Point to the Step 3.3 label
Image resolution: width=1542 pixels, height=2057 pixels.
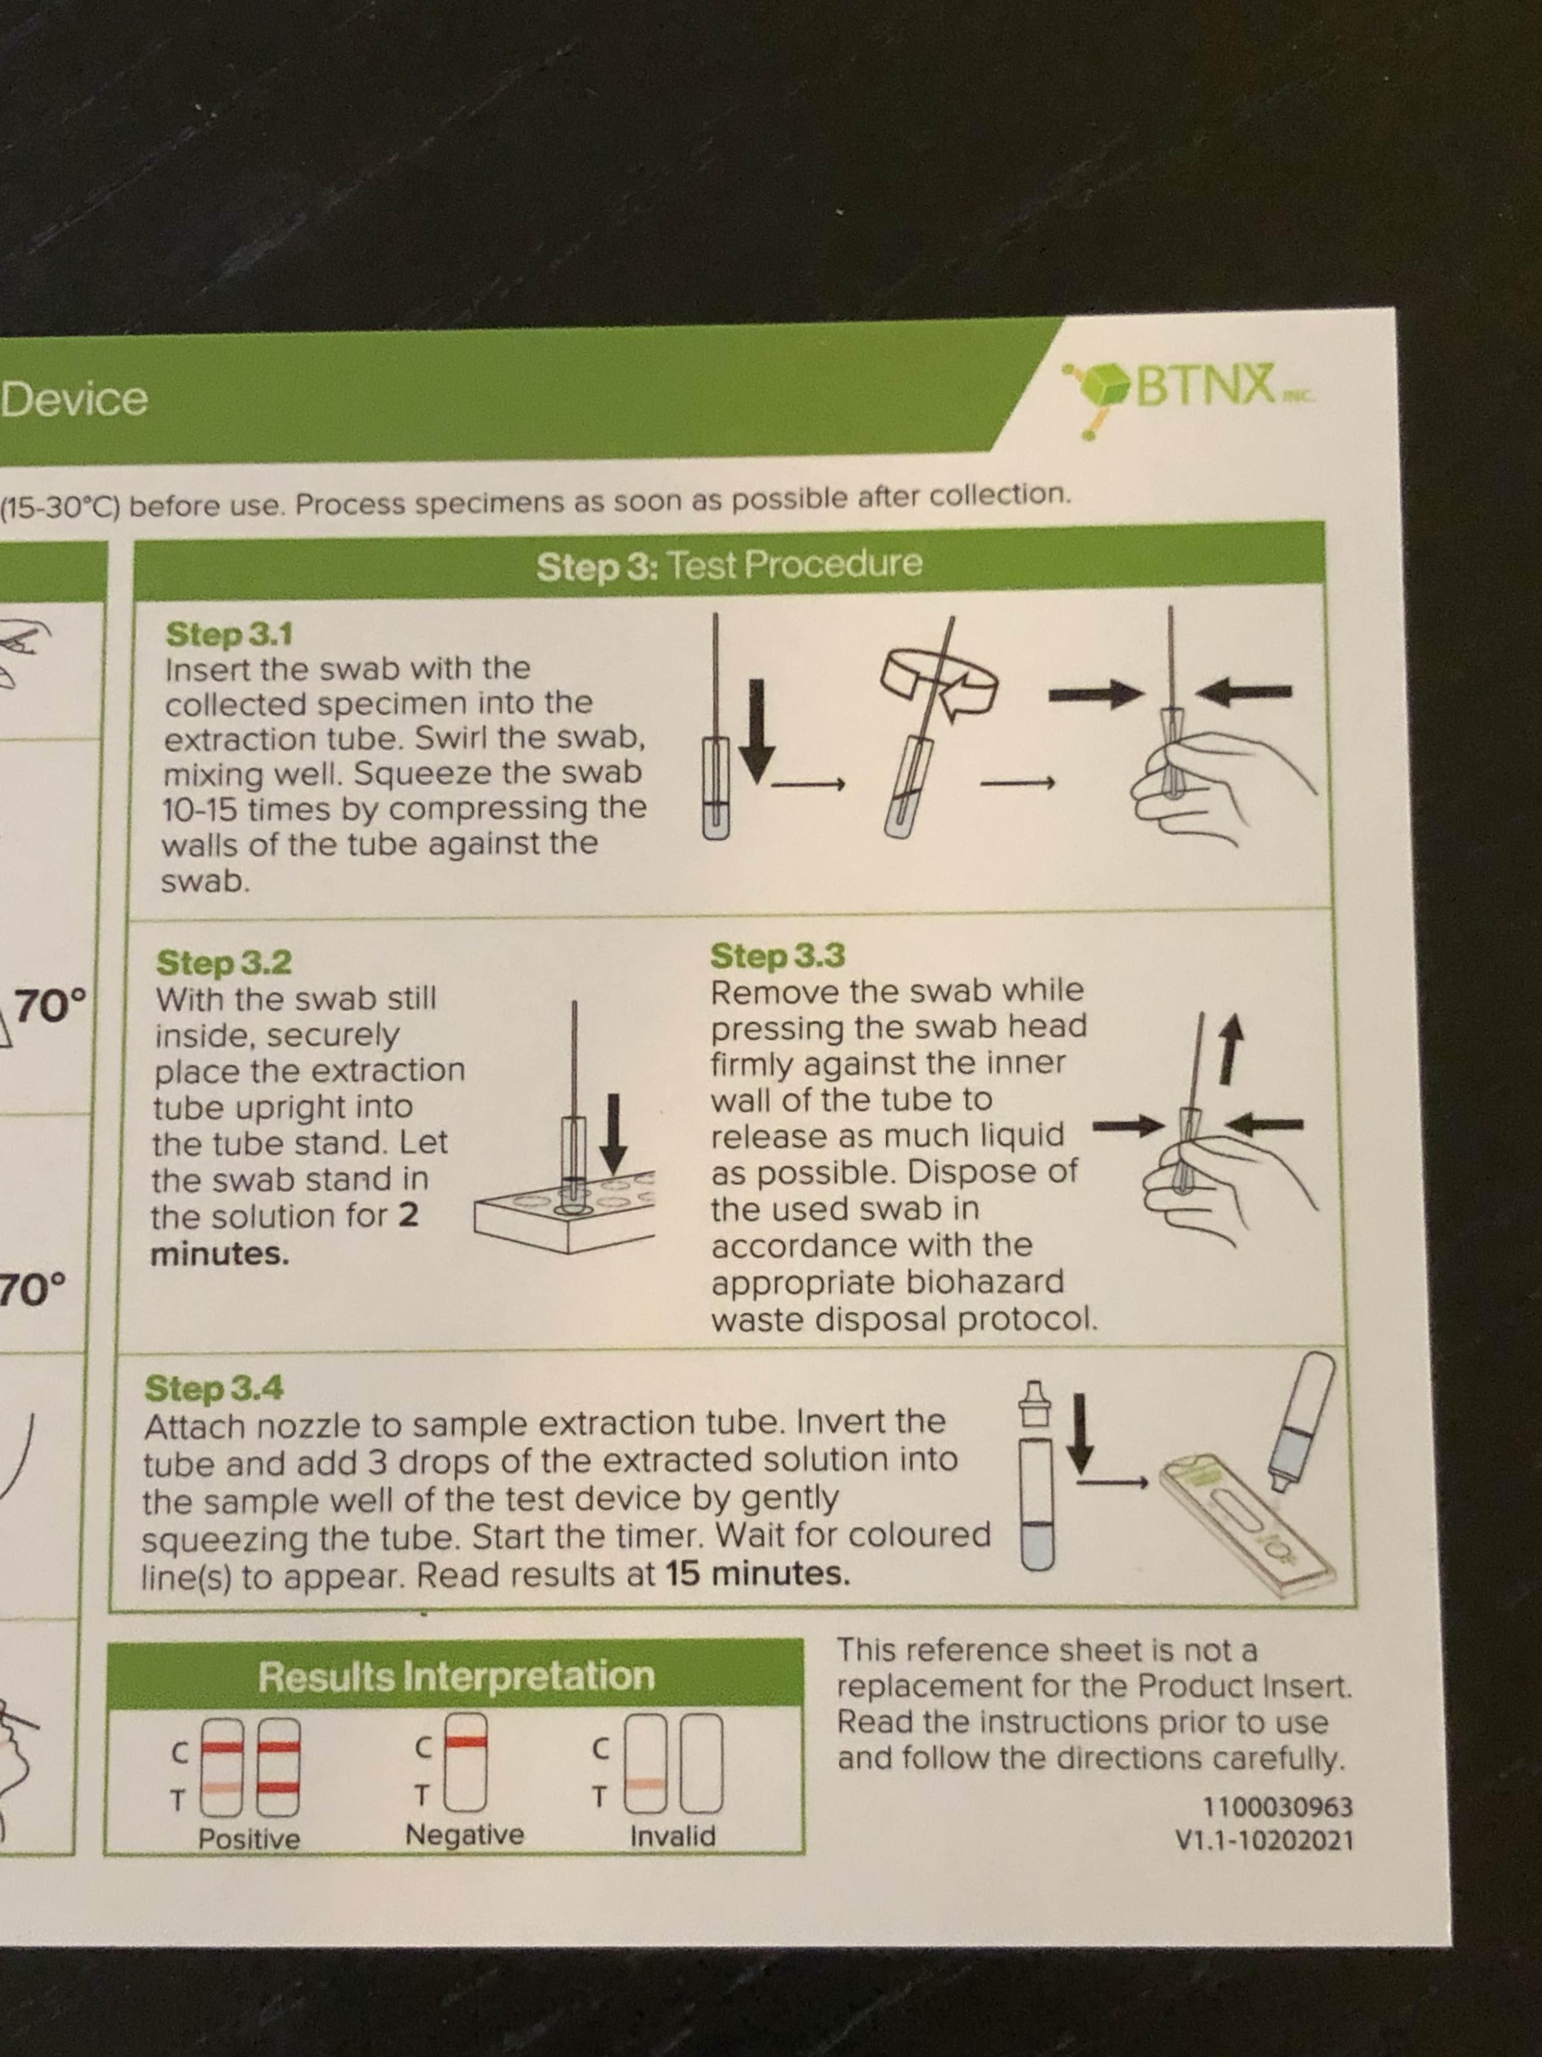click(777, 955)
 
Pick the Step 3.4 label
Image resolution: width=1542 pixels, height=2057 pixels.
click(214, 1388)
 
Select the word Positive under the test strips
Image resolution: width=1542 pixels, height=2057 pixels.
click(249, 1839)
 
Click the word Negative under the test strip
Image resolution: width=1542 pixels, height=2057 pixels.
click(465, 1834)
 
